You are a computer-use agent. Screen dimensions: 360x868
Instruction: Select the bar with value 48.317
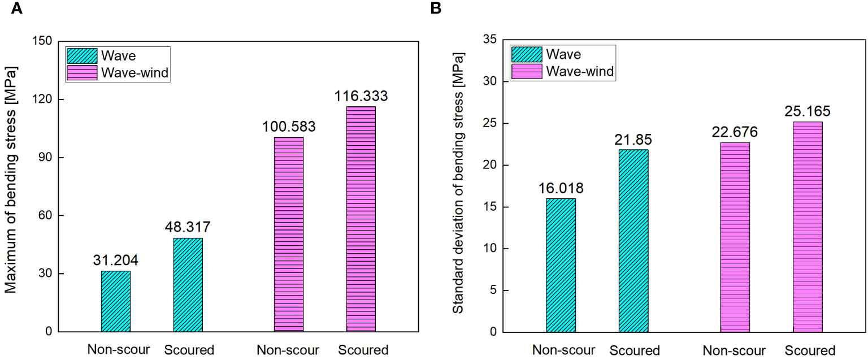click(x=188, y=285)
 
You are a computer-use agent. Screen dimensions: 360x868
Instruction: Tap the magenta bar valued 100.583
click(x=289, y=234)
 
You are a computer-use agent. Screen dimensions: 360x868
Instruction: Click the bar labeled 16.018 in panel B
click(x=561, y=265)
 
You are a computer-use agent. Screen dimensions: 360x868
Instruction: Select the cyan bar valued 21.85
click(x=633, y=241)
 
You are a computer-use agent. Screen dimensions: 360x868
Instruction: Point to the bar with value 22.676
click(x=735, y=237)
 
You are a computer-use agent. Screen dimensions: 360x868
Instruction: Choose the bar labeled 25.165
click(x=808, y=227)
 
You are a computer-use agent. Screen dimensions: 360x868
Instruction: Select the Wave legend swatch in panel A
click(x=82, y=56)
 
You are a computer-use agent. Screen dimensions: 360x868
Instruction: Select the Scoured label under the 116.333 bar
click(x=363, y=350)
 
